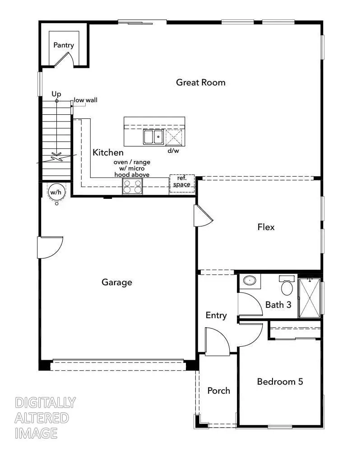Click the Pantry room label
coord(64,45)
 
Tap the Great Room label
coord(201,82)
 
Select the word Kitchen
coord(108,153)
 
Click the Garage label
coord(117,282)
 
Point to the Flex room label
coord(266,227)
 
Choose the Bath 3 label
coord(278,305)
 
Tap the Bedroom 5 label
coord(280,381)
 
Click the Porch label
coord(218,391)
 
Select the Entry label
coord(216,315)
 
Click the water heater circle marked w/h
coord(56,193)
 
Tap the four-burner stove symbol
coord(133,186)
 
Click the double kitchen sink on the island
coord(153,137)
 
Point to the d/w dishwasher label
coord(173,151)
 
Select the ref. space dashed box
coord(182,183)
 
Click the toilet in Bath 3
coord(287,286)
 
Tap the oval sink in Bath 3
coord(249,281)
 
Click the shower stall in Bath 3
coord(310,298)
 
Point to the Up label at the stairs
coord(56,94)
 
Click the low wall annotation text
coord(86,100)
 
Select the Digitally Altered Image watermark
coord(45,418)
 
